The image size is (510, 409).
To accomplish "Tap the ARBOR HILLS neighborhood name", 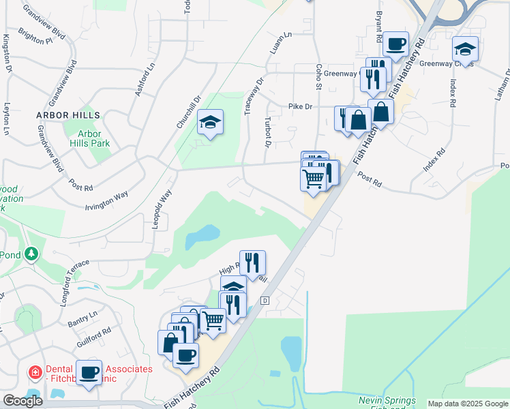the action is (68, 116).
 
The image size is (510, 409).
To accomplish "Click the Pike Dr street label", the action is (300, 106).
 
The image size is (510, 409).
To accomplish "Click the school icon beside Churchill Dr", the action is (211, 122).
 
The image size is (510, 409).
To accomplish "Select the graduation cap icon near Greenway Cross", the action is (465, 48).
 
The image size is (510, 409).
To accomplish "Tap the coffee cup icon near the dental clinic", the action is (89, 372).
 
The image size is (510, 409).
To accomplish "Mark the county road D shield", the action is (265, 301).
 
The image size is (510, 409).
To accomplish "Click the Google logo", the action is (22, 401).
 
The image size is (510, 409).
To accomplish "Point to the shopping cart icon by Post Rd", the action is (314, 179).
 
